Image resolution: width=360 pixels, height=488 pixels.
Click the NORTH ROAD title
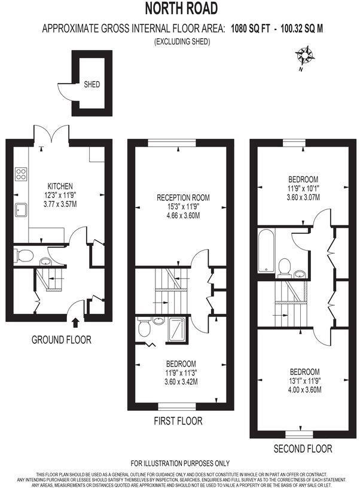coord(180,8)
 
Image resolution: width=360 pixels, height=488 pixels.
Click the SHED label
coord(91,85)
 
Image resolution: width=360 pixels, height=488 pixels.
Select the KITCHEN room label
coord(60,186)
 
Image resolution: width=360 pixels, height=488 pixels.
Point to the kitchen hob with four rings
coord(21,174)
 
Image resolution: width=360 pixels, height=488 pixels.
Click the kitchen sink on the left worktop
coord(21,211)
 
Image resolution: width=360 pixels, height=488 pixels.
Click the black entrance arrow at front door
coord(75,324)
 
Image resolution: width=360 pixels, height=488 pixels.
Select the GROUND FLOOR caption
coord(62,340)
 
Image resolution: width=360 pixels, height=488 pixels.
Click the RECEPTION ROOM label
coord(184,198)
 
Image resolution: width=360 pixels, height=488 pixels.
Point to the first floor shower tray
coord(178,327)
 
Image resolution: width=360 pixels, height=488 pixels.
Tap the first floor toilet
coord(144,328)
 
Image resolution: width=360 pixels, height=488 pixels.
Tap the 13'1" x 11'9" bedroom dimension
coord(304,381)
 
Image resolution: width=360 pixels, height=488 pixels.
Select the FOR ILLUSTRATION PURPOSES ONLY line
coord(180,463)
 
